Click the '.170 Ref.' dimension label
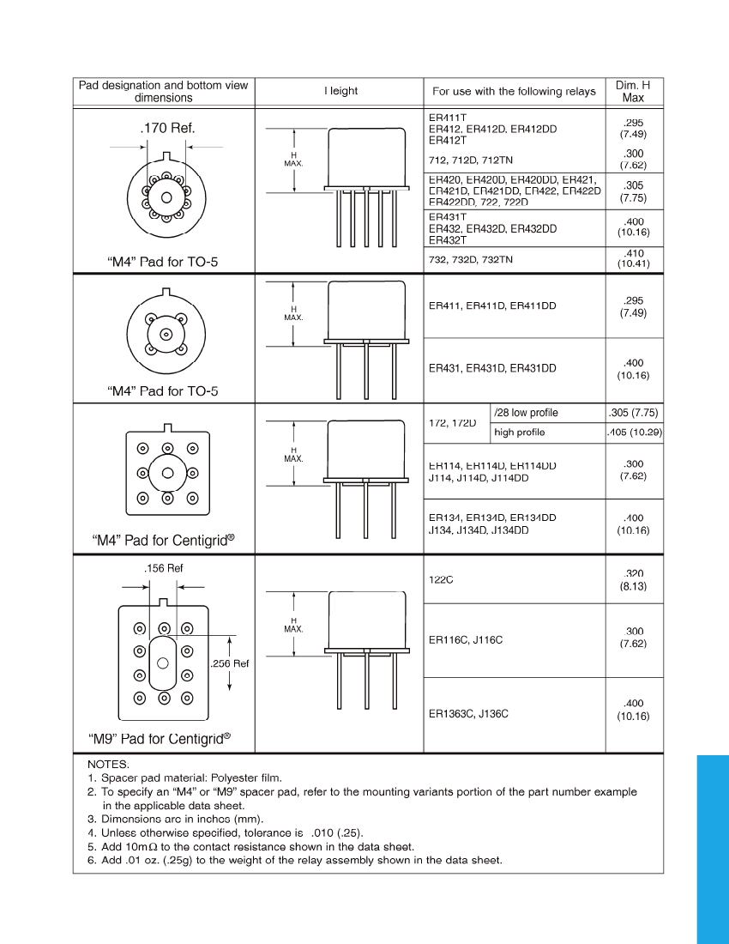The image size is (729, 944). pyautogui.click(x=167, y=129)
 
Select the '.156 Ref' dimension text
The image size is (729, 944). pyautogui.click(x=163, y=568)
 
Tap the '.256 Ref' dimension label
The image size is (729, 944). pyautogui.click(x=229, y=663)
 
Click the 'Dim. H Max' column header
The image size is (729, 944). pyautogui.click(x=633, y=92)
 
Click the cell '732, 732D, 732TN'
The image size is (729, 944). pyautogui.click(x=471, y=259)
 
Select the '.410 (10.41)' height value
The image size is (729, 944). pyautogui.click(x=633, y=258)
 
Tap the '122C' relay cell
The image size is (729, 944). pyautogui.click(x=440, y=579)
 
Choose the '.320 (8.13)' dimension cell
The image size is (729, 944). pyautogui.click(x=633, y=579)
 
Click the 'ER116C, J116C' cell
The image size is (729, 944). pyautogui.click(x=466, y=640)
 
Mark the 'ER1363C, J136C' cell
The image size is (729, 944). pyautogui.click(x=468, y=713)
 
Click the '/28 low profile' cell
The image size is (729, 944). pyautogui.click(x=526, y=413)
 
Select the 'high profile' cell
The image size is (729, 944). pyautogui.click(x=519, y=433)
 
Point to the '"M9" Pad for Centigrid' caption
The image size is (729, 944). pyautogui.click(x=160, y=738)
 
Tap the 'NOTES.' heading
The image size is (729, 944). pyautogui.click(x=108, y=763)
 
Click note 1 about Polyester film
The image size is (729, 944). pyautogui.click(x=184, y=778)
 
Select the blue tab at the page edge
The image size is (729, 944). pyautogui.click(x=711, y=849)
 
